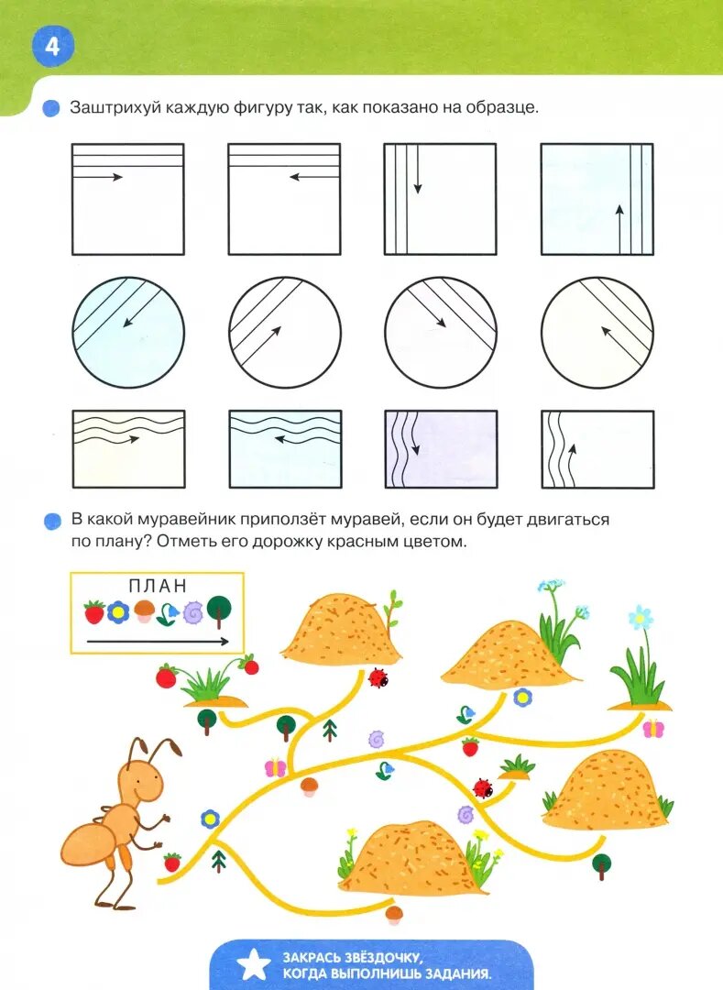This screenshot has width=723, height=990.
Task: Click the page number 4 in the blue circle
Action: (52, 46)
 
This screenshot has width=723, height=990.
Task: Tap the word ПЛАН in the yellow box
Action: (158, 586)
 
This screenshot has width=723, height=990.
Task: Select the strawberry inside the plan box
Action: (94, 611)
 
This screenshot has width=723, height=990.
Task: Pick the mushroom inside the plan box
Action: (145, 610)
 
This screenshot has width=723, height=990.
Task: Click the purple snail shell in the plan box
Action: (192, 611)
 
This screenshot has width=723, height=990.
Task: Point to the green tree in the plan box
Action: (219, 610)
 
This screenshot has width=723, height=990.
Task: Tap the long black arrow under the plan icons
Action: (158, 642)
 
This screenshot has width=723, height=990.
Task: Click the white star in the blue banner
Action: (253, 964)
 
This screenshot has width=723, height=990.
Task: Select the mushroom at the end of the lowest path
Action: (395, 915)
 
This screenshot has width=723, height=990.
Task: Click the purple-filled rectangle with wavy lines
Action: (441, 449)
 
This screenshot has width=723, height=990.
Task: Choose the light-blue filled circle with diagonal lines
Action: (128, 332)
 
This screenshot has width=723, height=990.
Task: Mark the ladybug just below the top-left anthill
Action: (378, 678)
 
